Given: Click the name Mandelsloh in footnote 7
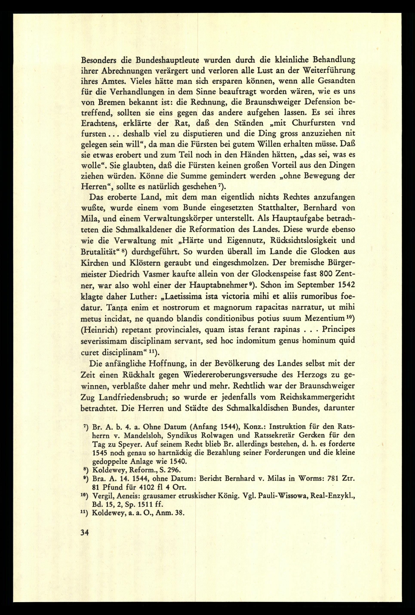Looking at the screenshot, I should (137, 435).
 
